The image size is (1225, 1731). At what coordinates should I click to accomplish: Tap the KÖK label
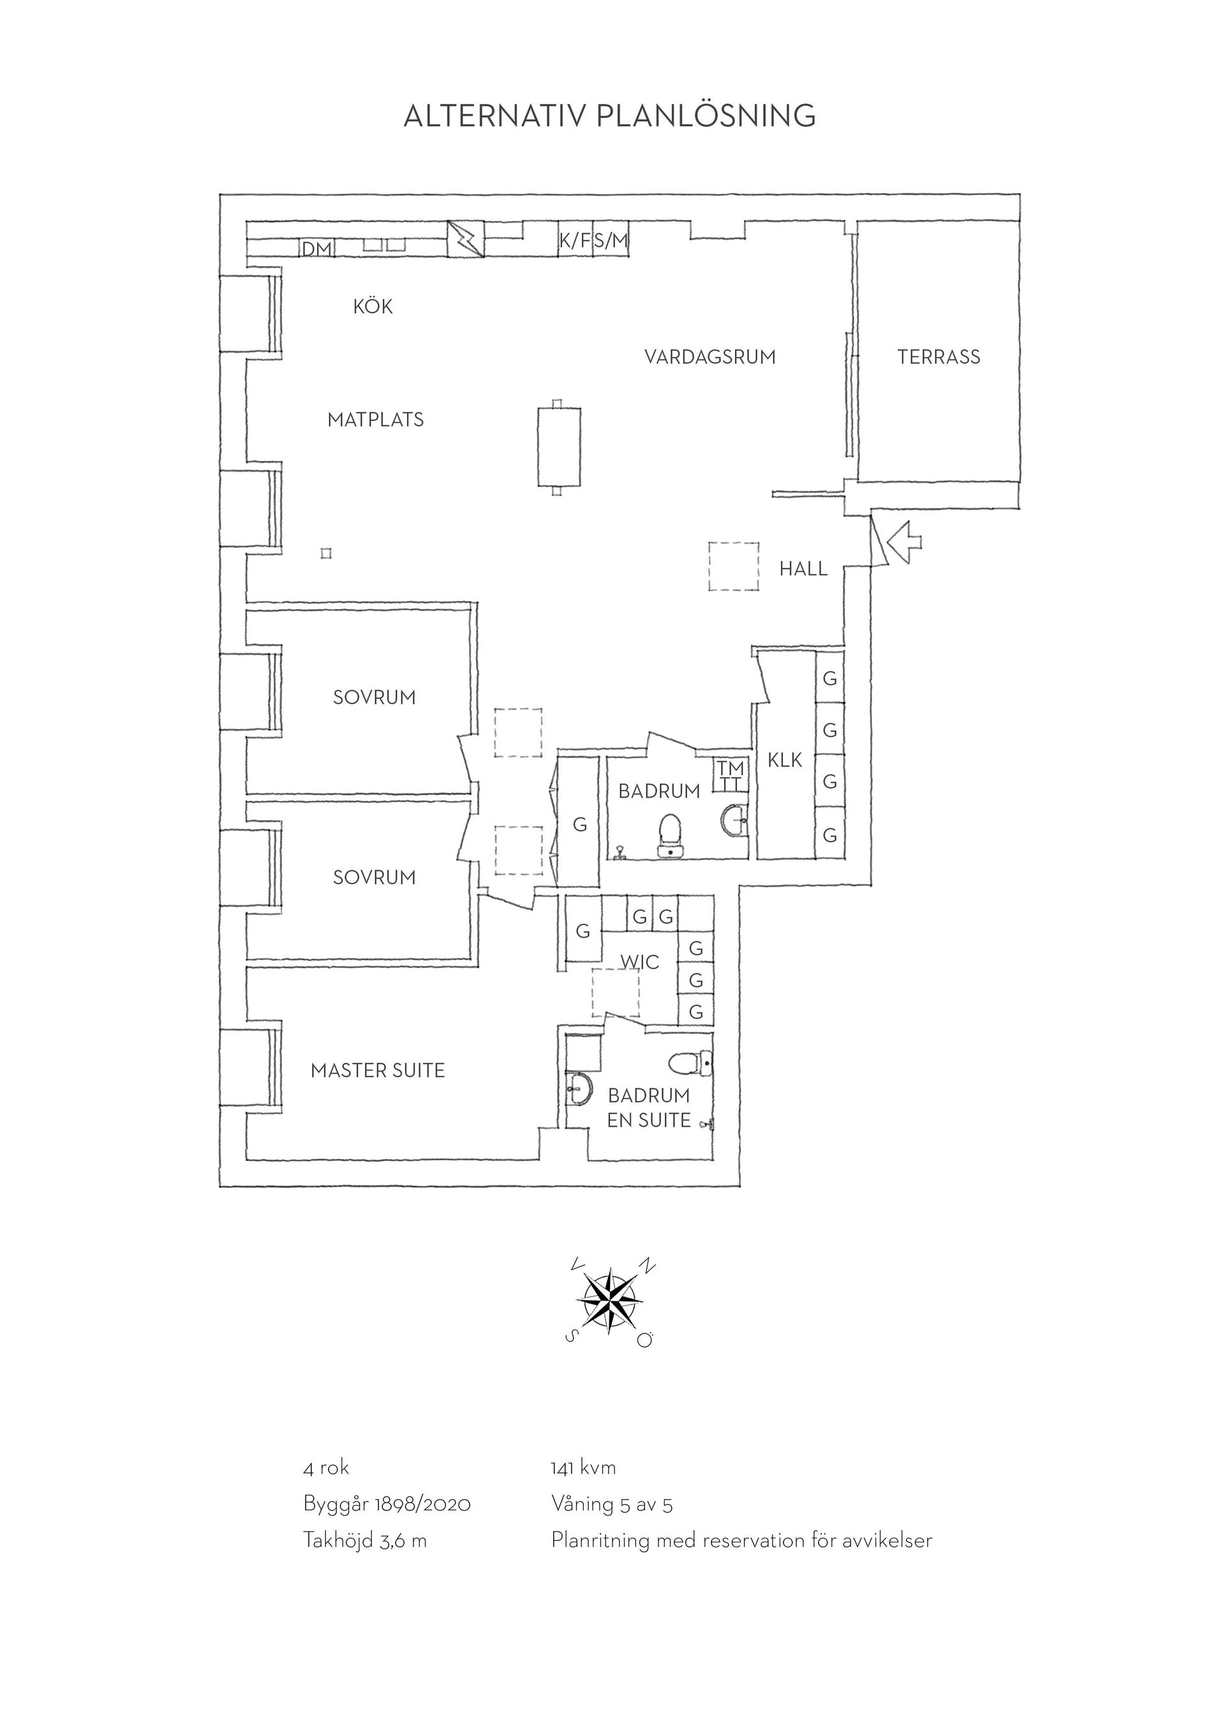[373, 306]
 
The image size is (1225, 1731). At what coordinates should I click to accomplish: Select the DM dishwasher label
[317, 248]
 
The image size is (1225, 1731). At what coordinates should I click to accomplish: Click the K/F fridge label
[575, 240]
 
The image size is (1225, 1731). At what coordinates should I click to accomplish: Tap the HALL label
[803, 569]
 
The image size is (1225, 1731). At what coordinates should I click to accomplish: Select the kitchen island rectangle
[559, 447]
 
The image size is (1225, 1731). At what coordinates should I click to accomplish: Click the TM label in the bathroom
[730, 768]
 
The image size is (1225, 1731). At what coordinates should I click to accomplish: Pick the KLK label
[785, 761]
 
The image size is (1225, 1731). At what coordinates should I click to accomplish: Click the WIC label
[640, 962]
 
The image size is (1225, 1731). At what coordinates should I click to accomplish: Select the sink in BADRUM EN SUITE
[579, 1090]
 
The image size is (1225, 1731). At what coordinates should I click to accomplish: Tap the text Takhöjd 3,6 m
[365, 1541]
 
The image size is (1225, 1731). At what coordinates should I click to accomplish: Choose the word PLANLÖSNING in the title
[706, 116]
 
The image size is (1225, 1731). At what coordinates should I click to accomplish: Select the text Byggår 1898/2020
[387, 1505]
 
